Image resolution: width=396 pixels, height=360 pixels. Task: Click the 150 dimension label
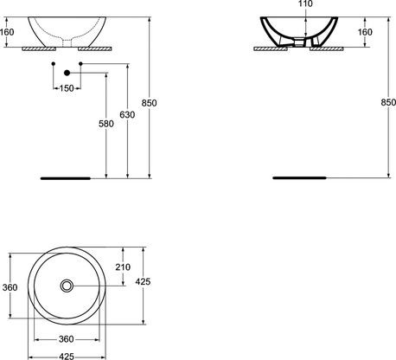pyautogui.click(x=66, y=88)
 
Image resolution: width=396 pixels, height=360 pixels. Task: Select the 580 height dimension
pyautogui.click(x=106, y=124)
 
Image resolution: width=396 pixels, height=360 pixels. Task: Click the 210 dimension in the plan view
pyautogui.click(x=122, y=267)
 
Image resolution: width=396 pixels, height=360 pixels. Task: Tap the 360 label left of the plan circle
pyautogui.click(x=9, y=286)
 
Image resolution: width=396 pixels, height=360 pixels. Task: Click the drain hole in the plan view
pyautogui.click(x=67, y=286)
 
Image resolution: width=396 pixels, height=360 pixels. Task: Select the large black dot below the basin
pyautogui.click(x=66, y=74)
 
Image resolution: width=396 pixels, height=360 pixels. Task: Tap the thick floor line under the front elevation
pyautogui.click(x=66, y=177)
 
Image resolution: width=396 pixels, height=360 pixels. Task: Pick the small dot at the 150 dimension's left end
pyautogui.click(x=54, y=64)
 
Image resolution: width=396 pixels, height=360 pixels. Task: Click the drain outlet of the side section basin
pyautogui.click(x=303, y=41)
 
